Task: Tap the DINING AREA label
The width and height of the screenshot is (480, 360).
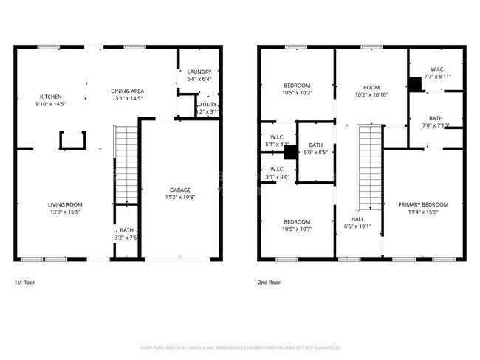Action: (127, 94)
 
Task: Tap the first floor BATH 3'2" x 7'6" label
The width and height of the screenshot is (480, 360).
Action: (127, 234)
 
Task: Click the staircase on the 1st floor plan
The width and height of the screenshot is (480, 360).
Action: (126, 164)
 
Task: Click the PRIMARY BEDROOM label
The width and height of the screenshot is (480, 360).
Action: (423, 207)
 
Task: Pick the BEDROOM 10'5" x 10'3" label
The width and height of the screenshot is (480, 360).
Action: (298, 89)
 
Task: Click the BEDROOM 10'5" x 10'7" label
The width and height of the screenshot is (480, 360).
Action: (298, 225)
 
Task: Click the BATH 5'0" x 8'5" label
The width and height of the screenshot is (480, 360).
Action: (316, 149)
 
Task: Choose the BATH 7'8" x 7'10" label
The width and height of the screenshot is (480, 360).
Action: (436, 121)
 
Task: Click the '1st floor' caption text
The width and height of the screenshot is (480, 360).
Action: (24, 283)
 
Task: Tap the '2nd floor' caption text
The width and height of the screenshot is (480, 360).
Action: (270, 283)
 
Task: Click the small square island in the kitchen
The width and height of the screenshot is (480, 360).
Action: (72, 139)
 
